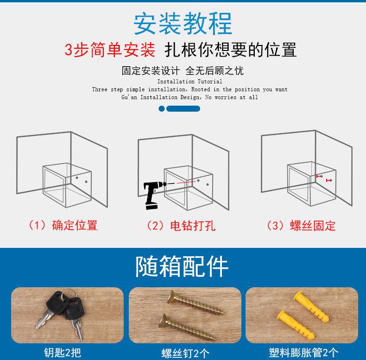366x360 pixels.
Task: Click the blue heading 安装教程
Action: [x=183, y=23]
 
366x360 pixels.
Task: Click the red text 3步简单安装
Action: [x=110, y=50]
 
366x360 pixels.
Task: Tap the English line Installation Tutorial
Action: [x=189, y=82]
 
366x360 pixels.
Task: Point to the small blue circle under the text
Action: [x=162, y=108]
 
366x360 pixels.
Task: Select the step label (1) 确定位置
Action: [x=63, y=225]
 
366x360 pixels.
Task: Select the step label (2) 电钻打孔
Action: [x=181, y=226]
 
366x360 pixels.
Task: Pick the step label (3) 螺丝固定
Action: [x=301, y=226]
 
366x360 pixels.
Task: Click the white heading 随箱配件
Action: [x=182, y=266]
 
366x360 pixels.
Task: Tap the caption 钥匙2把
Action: [x=63, y=352]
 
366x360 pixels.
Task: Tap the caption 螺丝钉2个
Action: [x=185, y=353]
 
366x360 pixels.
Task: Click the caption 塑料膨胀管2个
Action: [x=303, y=352]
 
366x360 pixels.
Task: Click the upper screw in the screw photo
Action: [x=196, y=303]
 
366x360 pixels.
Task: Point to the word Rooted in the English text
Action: [x=201, y=89]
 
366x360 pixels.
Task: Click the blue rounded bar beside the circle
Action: [x=183, y=108]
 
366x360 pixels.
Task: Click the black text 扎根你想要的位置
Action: [x=231, y=50]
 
